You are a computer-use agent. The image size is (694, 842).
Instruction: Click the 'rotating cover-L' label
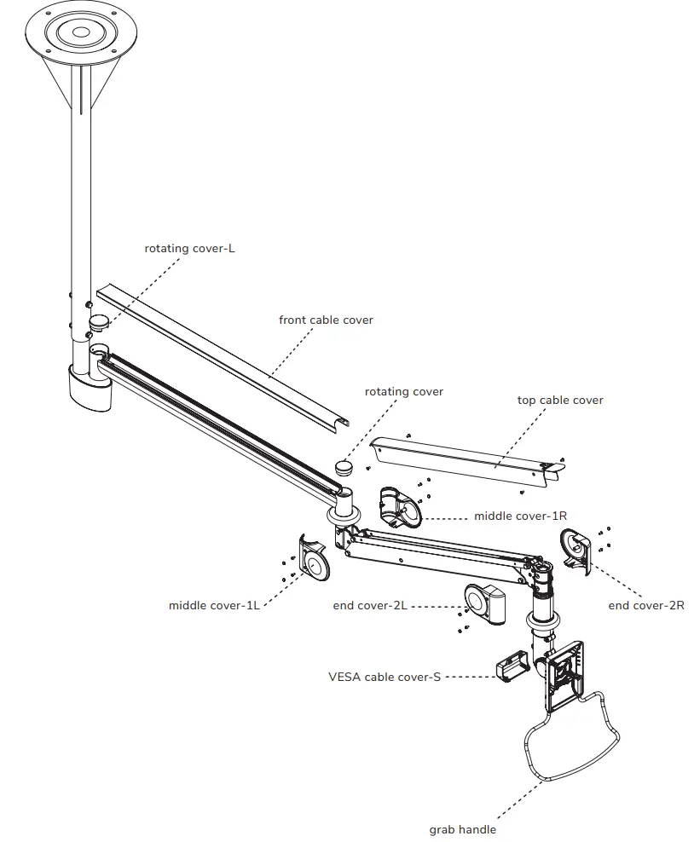point(189,249)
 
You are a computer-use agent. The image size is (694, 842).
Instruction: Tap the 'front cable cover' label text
point(326,320)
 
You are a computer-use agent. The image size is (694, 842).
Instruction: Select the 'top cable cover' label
point(560,400)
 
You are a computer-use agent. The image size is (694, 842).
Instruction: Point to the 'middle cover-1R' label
point(520,516)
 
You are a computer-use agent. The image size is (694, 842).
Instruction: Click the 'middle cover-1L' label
point(214,606)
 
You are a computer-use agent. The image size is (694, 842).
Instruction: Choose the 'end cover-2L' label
point(369,606)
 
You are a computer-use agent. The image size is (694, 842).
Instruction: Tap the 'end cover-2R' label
point(645,606)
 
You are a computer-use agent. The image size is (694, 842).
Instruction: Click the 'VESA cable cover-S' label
point(385,677)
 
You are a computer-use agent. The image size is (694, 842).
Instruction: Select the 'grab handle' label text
point(463,829)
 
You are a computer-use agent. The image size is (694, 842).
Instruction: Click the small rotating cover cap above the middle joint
point(344,467)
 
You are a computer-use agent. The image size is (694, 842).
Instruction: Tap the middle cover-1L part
point(315,558)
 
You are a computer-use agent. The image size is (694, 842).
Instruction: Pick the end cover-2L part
point(484,603)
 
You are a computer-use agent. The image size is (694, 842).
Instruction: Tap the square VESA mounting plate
point(565,676)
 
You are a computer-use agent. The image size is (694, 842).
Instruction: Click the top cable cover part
point(465,460)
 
